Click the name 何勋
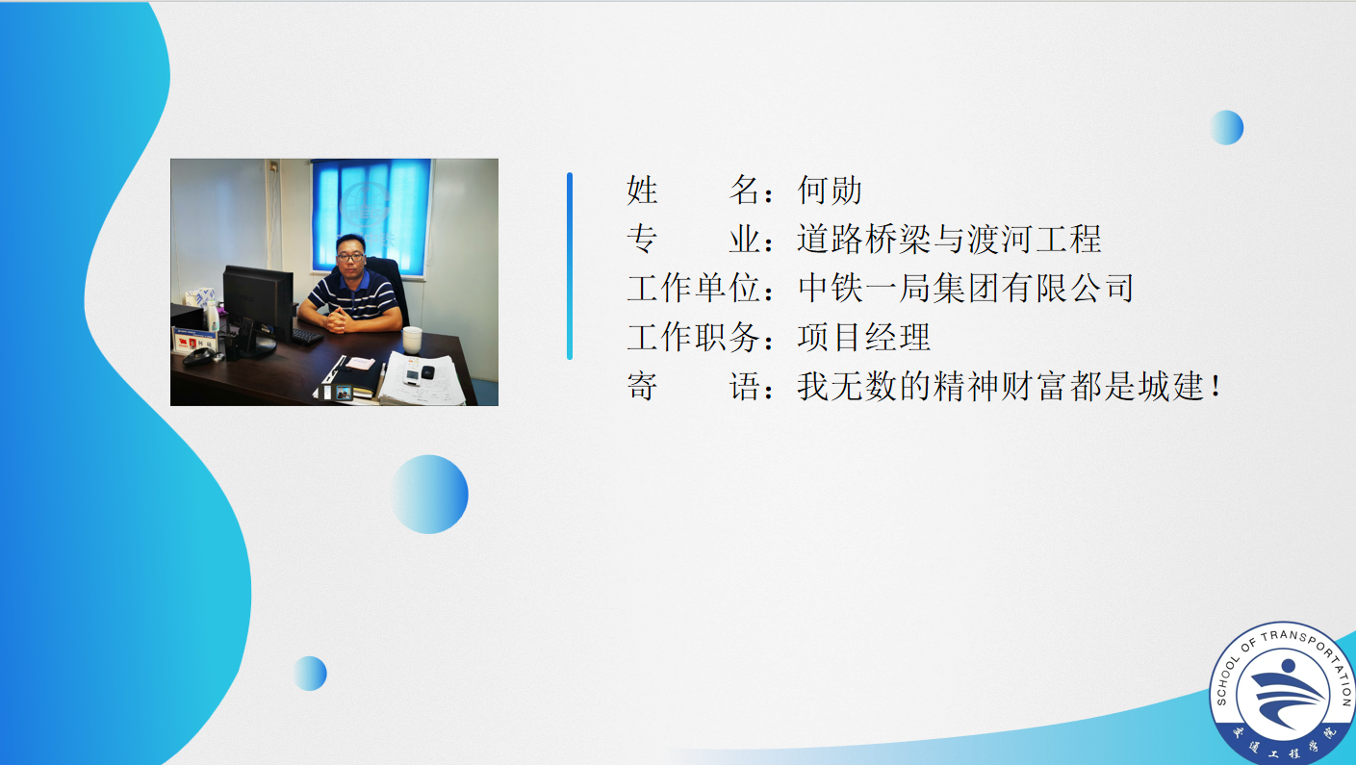click(x=830, y=190)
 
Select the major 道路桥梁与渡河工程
click(x=949, y=239)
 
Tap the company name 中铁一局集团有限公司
click(x=965, y=288)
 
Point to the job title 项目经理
click(x=864, y=337)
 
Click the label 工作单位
click(x=694, y=288)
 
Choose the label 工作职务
click(x=694, y=337)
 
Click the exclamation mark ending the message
click(x=1215, y=386)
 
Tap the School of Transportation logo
click(x=1282, y=694)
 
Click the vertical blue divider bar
click(x=570, y=267)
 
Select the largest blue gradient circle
click(x=430, y=494)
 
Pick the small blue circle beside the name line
click(x=1226, y=128)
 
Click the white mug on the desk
click(x=412, y=340)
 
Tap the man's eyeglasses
click(x=350, y=257)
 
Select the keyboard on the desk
click(x=307, y=337)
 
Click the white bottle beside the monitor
click(x=212, y=316)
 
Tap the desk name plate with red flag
click(x=194, y=341)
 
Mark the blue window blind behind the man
click(x=371, y=215)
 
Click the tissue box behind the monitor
click(x=200, y=297)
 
